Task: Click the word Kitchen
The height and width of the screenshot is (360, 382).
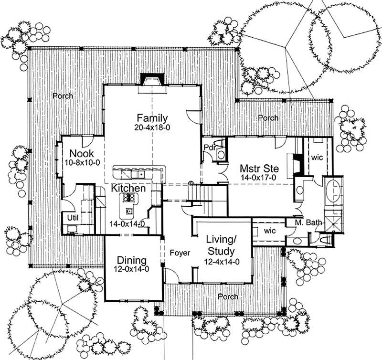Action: point(128,189)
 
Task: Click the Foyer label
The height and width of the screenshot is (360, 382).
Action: point(180,253)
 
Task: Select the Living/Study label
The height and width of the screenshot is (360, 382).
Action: point(220,244)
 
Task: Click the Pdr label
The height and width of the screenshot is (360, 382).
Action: point(209,147)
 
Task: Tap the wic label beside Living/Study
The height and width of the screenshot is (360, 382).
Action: point(269,231)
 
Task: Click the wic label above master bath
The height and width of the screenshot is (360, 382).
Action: point(318,157)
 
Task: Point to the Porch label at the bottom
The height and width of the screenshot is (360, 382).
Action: point(227,296)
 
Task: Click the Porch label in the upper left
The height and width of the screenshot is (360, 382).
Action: point(63,96)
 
